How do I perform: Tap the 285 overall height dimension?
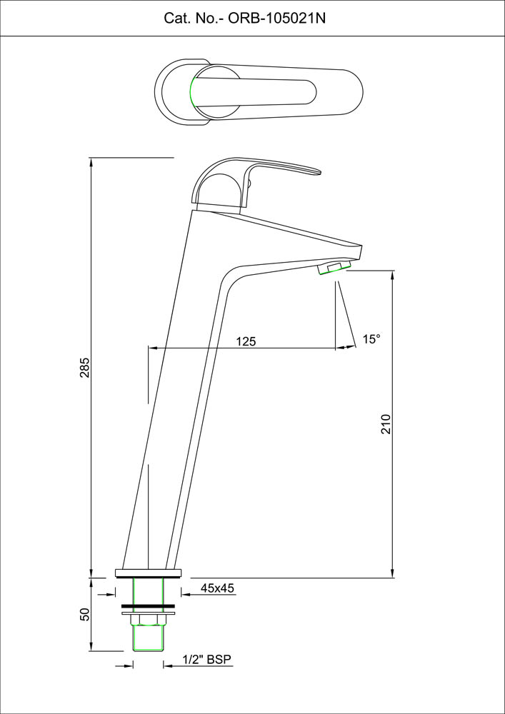click(x=85, y=368)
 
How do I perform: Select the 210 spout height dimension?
click(x=386, y=424)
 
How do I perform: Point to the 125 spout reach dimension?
click(x=246, y=341)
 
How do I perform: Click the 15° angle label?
click(x=371, y=339)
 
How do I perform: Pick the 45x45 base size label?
click(x=217, y=588)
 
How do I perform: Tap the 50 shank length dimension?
click(x=85, y=615)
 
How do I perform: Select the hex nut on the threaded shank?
click(x=149, y=620)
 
